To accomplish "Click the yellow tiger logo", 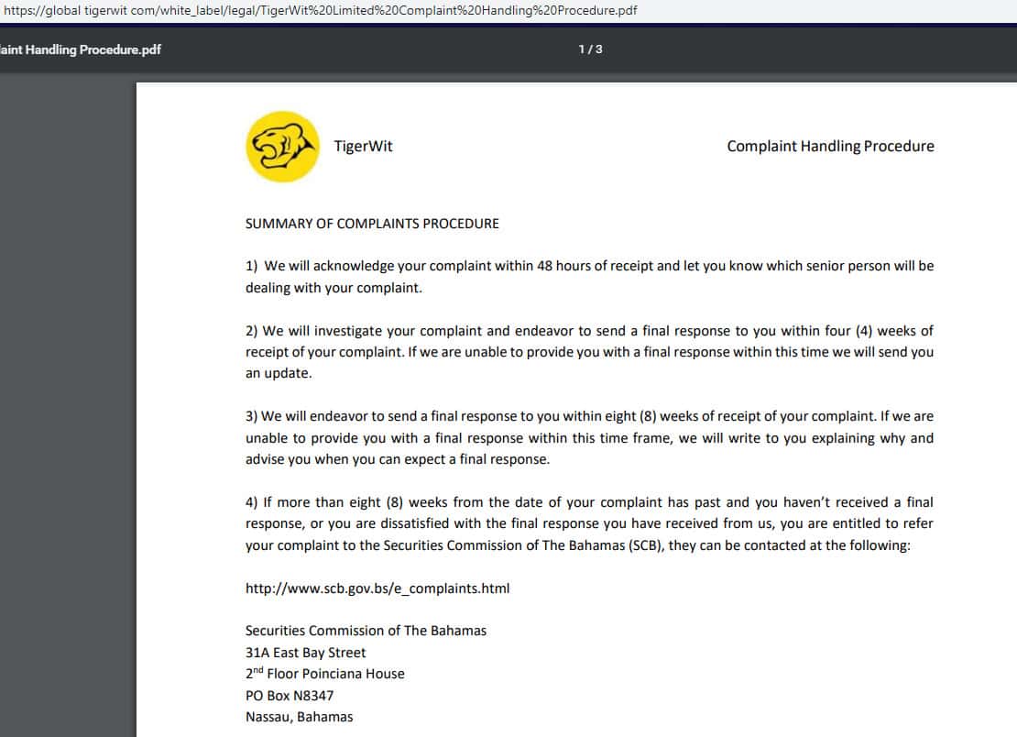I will coord(282,147).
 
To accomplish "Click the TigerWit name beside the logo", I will coord(363,147).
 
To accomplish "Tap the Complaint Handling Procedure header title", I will coord(830,147).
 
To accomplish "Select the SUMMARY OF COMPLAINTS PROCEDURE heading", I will coord(372,224).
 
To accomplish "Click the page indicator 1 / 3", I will coord(590,49).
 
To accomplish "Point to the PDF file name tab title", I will coord(81,49).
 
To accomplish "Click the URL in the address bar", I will coord(321,11).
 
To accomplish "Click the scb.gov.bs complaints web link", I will coord(377,588).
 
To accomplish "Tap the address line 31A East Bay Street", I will coord(305,653).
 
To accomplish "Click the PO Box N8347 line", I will coord(290,696).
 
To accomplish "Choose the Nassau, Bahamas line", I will coord(299,717).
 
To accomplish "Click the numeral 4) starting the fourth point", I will coord(252,502).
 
